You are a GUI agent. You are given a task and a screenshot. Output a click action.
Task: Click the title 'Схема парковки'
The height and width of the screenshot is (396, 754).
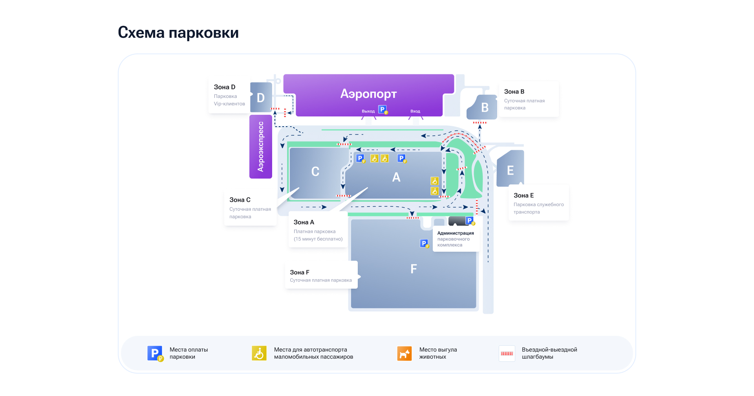178,33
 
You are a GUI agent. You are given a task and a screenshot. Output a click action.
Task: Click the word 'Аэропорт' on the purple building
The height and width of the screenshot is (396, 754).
368,94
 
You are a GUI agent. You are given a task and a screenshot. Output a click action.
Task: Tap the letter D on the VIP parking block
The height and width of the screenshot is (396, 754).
261,98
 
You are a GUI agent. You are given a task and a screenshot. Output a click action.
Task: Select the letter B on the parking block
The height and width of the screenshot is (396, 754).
485,107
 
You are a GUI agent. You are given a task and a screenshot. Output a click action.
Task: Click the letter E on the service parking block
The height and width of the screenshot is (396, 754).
510,171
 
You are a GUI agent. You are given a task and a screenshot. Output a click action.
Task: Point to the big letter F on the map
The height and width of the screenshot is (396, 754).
414,269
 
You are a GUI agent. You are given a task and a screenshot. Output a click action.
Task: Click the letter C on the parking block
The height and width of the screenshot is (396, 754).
315,171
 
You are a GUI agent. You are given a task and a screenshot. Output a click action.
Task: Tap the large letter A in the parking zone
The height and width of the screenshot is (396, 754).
396,177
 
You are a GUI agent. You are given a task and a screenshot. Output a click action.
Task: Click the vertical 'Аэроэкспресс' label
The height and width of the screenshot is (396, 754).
261,147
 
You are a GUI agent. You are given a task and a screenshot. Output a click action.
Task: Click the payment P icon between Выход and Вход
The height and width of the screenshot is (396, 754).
382,110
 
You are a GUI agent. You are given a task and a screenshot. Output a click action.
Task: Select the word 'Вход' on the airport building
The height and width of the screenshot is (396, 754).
415,111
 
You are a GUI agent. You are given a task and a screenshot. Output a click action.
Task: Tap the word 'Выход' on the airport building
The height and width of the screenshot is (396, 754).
368,111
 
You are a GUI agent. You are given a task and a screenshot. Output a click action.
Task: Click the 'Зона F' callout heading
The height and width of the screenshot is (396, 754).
300,272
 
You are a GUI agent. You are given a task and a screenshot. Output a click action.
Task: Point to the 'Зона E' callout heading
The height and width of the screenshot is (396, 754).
523,195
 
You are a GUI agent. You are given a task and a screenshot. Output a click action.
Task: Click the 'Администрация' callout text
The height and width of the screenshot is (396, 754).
456,233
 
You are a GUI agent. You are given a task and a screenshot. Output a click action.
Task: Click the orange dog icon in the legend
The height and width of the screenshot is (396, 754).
404,354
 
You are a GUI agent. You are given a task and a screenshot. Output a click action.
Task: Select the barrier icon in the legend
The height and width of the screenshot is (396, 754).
507,354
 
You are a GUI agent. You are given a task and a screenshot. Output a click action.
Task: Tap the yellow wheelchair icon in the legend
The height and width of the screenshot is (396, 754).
259,354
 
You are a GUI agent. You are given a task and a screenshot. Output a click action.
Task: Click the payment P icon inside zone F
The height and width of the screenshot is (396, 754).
424,243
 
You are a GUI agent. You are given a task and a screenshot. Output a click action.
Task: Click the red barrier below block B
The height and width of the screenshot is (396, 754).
479,123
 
